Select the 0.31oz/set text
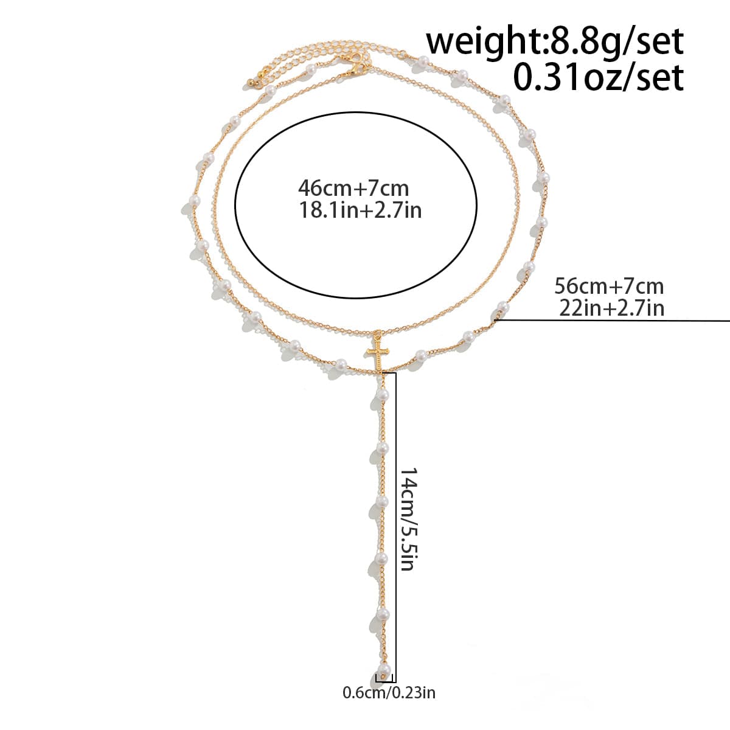tap(599, 77)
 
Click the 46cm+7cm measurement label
tap(353, 188)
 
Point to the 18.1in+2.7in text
tap(361, 210)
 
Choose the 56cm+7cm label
tap(609, 287)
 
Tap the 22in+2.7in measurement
tap(612, 308)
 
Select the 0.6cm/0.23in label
tap(389, 692)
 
